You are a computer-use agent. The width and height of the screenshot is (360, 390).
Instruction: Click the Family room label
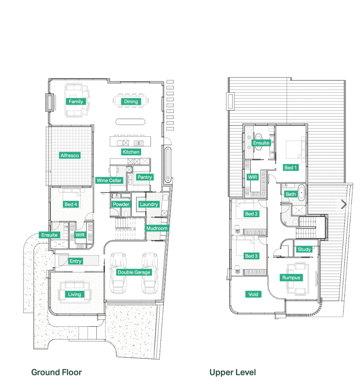click(76, 101)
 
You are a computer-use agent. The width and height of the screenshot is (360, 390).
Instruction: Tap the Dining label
click(131, 101)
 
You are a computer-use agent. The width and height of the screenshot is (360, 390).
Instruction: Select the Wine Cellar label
click(109, 180)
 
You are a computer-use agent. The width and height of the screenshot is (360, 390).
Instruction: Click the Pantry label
click(145, 177)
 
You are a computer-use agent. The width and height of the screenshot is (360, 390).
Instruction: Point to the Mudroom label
click(157, 228)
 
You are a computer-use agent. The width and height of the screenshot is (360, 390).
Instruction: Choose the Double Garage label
click(134, 272)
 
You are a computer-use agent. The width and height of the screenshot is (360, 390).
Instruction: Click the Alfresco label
click(70, 156)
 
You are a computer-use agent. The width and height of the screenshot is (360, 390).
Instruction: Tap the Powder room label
click(121, 204)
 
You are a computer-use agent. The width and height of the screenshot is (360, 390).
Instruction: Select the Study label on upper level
click(304, 249)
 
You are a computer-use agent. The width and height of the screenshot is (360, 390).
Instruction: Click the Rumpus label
click(291, 278)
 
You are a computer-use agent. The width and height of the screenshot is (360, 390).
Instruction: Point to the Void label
click(253, 294)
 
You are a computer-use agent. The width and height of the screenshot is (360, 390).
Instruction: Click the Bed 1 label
click(291, 168)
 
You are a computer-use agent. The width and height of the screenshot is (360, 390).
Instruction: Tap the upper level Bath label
click(291, 194)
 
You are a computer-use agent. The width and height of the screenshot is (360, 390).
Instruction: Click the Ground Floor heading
click(56, 372)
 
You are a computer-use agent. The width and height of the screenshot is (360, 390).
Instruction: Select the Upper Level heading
click(233, 372)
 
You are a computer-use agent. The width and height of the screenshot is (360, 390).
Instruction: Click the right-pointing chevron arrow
click(344, 204)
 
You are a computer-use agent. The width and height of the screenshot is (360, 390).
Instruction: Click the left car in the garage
click(118, 273)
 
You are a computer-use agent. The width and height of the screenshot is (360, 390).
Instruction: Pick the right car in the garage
click(150, 273)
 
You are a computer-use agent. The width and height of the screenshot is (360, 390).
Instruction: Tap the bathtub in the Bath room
click(302, 193)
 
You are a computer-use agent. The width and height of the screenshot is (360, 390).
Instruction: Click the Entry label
click(76, 261)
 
